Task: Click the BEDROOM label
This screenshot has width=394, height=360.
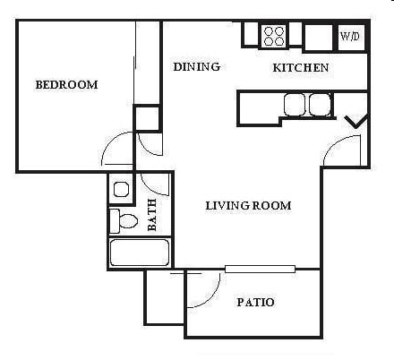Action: pos(66,85)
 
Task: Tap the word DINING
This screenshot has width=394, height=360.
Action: pos(196,67)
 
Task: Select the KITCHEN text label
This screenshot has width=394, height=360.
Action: pos(300,68)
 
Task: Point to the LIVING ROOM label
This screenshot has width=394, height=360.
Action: pos(248,206)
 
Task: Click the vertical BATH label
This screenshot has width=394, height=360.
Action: pos(151,214)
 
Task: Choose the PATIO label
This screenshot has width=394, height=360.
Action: pos(255,303)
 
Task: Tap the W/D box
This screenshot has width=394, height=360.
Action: pos(348,38)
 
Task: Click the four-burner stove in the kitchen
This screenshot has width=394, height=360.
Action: pos(274,36)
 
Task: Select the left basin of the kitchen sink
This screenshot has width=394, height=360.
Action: pos(295,105)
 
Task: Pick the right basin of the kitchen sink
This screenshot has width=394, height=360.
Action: pos(319,105)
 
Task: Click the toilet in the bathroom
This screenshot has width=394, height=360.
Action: pos(124,220)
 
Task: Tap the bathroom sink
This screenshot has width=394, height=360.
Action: pos(121,189)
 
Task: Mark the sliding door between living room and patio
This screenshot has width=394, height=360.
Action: pos(260,268)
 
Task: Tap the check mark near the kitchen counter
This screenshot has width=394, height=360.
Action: pos(356,121)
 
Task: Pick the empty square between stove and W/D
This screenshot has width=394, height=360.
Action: pos(317,38)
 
